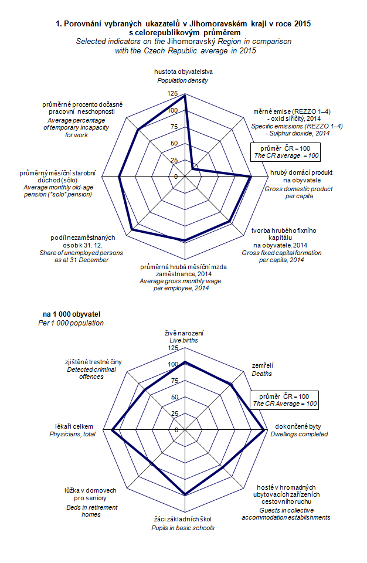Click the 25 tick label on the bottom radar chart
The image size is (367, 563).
point(174,413)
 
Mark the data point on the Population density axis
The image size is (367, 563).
point(185,97)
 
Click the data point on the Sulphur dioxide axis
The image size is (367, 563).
point(193,168)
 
